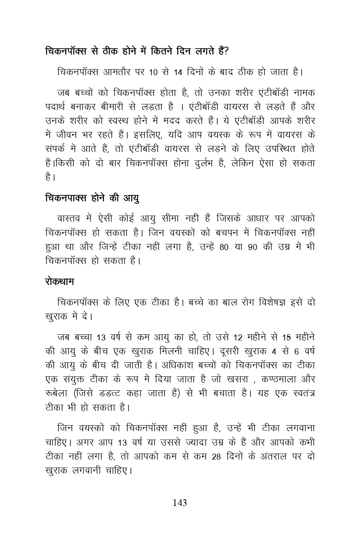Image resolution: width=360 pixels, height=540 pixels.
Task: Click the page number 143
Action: click(x=180, y=503)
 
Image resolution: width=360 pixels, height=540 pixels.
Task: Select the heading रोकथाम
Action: click(x=59, y=282)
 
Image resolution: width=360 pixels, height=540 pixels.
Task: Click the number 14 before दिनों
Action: click(x=178, y=73)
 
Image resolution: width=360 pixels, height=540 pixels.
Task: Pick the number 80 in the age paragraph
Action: click(x=224, y=247)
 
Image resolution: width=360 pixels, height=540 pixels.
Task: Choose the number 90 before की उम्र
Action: click(x=252, y=247)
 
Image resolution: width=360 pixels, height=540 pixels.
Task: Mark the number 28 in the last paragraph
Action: click(x=216, y=456)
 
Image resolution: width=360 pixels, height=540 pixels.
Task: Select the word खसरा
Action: click(x=239, y=379)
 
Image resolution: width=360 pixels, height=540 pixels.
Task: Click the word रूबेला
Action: click(x=56, y=393)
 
